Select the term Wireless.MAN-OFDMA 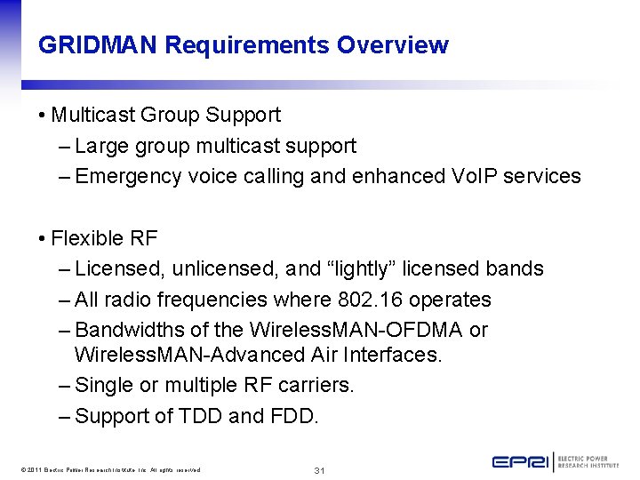pyautogui.click(x=356, y=330)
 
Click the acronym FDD pyautogui.click(x=290, y=416)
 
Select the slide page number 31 pyautogui.click(x=320, y=469)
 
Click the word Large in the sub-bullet pyautogui.click(x=101, y=146)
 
